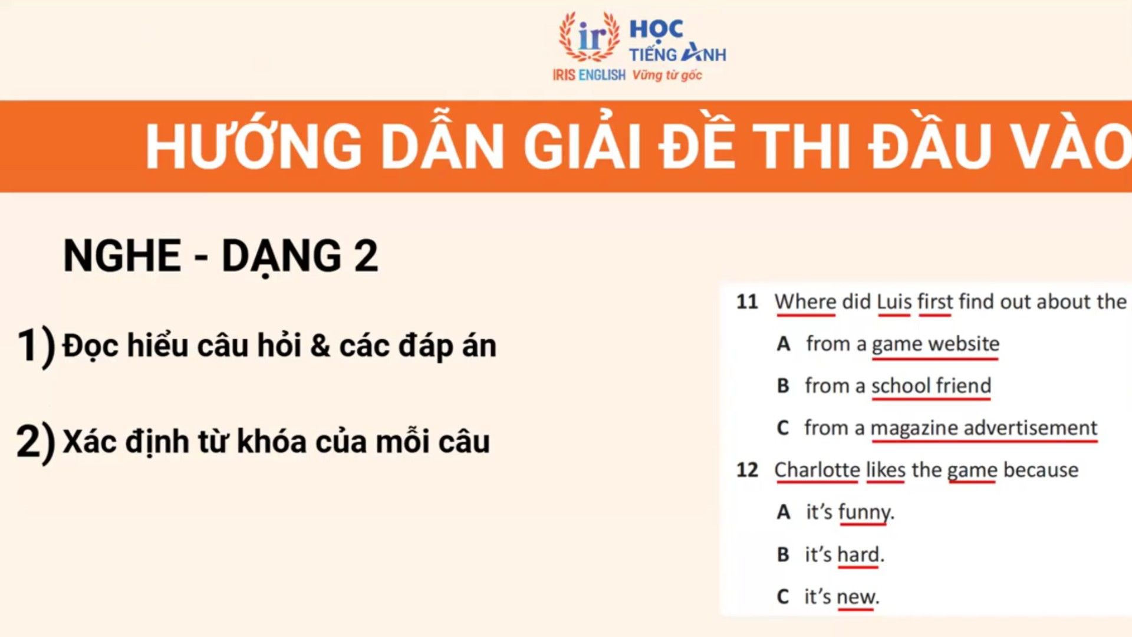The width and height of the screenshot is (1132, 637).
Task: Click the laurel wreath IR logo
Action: (589, 37)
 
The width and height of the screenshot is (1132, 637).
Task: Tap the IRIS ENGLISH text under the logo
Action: (588, 75)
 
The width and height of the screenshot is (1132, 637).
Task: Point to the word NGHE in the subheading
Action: (122, 255)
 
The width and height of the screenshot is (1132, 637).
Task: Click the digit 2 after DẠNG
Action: (366, 255)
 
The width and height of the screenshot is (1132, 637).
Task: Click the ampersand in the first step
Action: (320, 346)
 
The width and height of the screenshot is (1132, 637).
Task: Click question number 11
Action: (747, 302)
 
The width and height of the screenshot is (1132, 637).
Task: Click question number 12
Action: (747, 470)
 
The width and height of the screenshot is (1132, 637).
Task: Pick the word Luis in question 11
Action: (894, 301)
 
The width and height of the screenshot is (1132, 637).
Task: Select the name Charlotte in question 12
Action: (817, 470)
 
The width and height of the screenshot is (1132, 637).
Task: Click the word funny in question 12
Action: (864, 513)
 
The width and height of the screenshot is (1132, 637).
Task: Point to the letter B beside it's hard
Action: (783, 554)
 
